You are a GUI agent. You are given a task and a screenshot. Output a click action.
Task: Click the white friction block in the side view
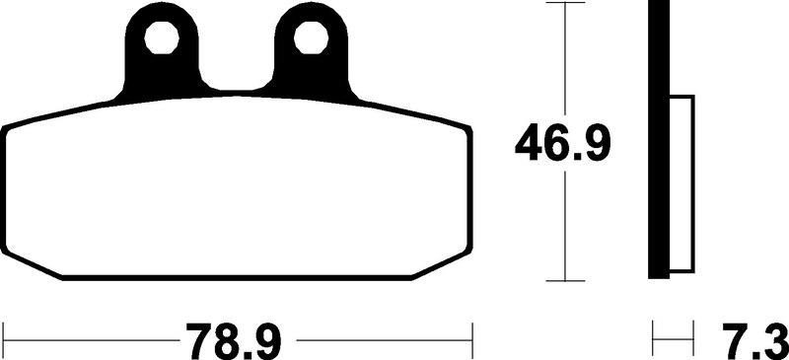[683, 182]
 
